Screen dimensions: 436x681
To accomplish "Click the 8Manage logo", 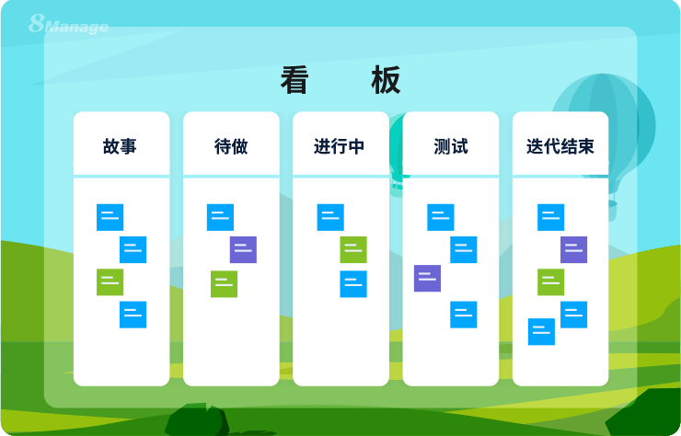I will point(68,24).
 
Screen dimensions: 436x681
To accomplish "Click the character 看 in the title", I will point(294,81).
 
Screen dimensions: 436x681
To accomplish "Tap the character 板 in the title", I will point(387,81).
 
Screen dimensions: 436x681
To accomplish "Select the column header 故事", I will point(121,146).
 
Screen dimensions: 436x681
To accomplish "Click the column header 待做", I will point(231,146).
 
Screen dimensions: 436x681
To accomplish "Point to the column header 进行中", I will point(340,146).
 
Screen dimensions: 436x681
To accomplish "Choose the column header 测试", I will point(451,146).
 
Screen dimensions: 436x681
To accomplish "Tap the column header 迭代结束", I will point(560,146).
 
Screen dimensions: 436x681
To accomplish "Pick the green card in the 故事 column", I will point(110,281).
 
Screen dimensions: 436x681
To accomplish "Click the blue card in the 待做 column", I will point(220,217).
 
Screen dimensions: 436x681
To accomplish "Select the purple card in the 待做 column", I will point(243,249).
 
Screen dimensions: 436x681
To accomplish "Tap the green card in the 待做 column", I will point(224,283).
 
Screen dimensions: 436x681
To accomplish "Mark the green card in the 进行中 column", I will point(353,249).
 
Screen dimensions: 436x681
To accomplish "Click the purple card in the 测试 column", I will point(427,278).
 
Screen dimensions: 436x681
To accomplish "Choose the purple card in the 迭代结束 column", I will point(573,249).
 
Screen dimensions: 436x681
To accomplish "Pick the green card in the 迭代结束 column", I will point(550,281).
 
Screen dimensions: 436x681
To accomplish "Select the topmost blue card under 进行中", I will point(330,217).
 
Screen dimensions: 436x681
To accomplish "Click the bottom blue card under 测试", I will point(463,315).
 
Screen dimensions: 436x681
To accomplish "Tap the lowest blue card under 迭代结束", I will point(541,331).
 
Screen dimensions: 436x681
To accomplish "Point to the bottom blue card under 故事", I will point(133,315).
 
